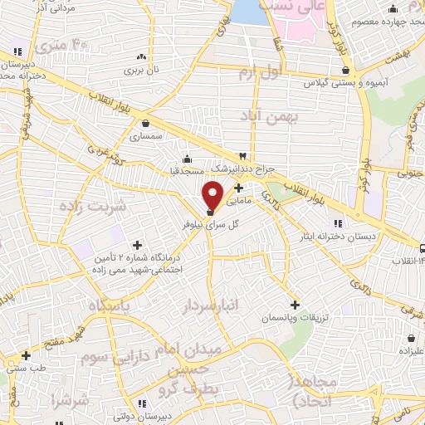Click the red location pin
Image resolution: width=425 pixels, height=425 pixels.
(x=212, y=194)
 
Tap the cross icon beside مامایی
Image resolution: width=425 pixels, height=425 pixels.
(x=240, y=188)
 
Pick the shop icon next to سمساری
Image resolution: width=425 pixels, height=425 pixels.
(x=146, y=123)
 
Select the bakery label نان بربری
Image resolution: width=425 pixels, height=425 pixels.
(x=141, y=71)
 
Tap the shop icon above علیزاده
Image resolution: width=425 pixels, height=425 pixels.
(x=412, y=338)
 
